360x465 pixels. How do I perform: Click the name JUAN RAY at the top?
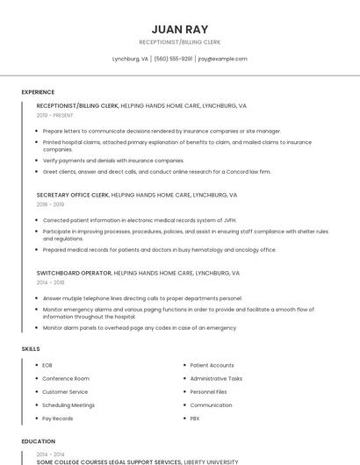179,29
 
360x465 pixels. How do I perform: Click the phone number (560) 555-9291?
173,59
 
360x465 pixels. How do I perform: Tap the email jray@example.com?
222,59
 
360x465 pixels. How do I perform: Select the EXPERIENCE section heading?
38,92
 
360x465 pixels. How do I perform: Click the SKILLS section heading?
31,349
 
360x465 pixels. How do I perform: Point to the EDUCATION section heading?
38,441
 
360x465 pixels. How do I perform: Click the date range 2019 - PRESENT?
55,115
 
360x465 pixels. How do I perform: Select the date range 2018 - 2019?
50,204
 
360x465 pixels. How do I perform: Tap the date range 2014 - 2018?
50,283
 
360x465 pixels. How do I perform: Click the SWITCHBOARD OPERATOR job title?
74,273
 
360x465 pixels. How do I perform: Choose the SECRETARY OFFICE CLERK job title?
72,195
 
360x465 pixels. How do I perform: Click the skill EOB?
47,365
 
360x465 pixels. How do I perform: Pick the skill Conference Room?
66,378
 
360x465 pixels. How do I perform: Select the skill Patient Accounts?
212,365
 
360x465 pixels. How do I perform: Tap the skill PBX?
195,418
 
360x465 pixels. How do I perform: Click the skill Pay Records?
58,418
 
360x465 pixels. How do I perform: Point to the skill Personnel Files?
209,391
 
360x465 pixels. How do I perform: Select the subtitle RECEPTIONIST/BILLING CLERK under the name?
179,41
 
